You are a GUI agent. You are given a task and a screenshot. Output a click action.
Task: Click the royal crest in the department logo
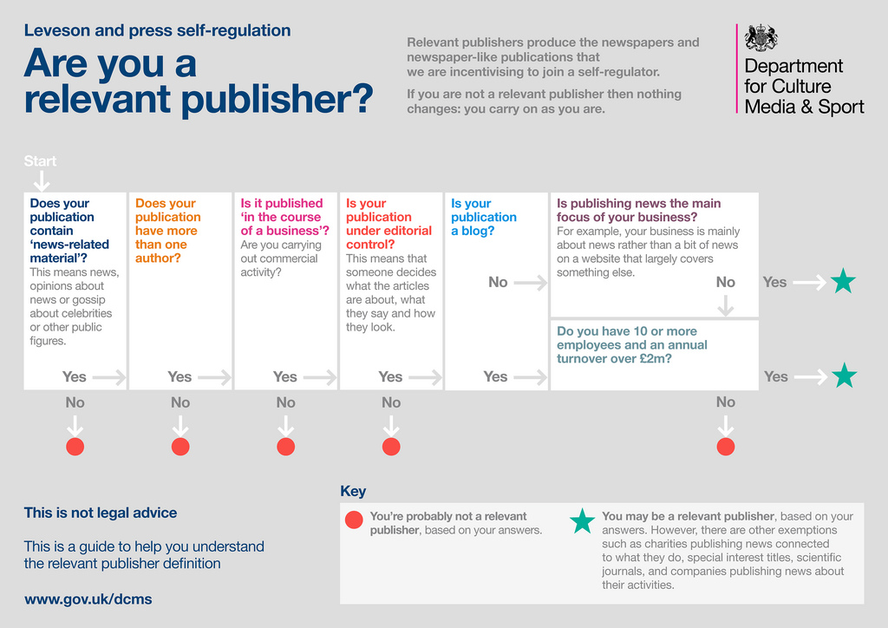pyautogui.click(x=761, y=37)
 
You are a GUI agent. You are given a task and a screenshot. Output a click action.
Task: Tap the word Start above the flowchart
pyautogui.click(x=41, y=161)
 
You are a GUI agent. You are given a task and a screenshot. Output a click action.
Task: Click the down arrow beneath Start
pyautogui.click(x=41, y=180)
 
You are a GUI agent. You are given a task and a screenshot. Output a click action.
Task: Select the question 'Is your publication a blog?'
pyautogui.click(x=483, y=217)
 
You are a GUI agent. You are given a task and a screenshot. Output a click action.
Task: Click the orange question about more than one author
pyautogui.click(x=167, y=231)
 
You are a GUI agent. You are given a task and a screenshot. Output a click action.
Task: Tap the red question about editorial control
pyautogui.click(x=388, y=224)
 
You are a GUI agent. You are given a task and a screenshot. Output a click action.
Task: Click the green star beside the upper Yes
pyautogui.click(x=843, y=282)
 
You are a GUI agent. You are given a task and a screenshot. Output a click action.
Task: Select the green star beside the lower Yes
pyautogui.click(x=843, y=376)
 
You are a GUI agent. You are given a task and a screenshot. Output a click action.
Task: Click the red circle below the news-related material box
pyautogui.click(x=75, y=447)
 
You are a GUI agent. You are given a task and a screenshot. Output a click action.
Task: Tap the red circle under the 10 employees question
pyautogui.click(x=726, y=447)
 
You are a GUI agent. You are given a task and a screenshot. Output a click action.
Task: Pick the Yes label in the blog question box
pyautogui.click(x=495, y=376)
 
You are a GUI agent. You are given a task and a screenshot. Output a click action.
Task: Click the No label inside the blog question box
pyautogui.click(x=498, y=282)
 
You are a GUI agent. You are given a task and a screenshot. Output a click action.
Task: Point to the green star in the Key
pyautogui.click(x=582, y=521)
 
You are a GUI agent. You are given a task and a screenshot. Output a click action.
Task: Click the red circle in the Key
pyautogui.click(x=354, y=520)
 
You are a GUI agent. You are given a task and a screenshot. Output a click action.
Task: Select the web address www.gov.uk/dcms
pyautogui.click(x=88, y=599)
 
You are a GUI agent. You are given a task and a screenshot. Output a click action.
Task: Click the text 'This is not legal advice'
pyautogui.click(x=101, y=513)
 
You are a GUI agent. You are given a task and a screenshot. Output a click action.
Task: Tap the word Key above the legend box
pyautogui.click(x=353, y=492)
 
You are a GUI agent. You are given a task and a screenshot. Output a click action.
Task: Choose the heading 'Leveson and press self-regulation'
pyautogui.click(x=157, y=30)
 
